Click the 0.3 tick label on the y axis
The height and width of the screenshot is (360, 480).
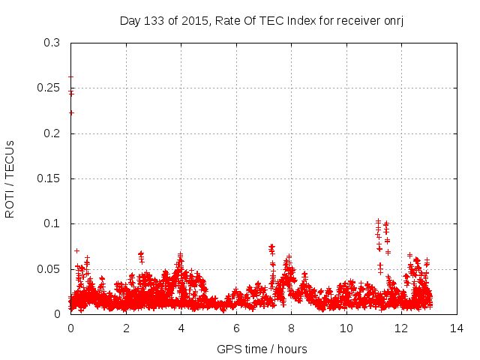(x=52, y=43)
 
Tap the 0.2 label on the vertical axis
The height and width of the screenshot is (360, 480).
(x=52, y=133)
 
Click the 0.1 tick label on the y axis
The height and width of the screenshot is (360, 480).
(x=52, y=223)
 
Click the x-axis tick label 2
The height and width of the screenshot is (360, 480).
(x=126, y=328)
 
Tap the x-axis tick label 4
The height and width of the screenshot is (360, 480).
(x=181, y=328)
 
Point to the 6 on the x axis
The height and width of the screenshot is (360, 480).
(x=236, y=328)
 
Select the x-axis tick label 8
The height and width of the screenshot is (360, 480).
(x=291, y=328)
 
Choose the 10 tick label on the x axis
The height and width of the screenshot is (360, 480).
(x=346, y=328)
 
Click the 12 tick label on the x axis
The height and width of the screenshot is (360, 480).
(x=401, y=328)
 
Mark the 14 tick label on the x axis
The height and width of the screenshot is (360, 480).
(x=457, y=328)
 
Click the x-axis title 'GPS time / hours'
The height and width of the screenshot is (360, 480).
(x=262, y=349)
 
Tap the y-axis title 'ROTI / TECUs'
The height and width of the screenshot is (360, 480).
(x=10, y=178)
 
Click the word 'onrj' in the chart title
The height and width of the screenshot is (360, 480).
(x=393, y=20)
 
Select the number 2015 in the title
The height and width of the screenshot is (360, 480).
(x=196, y=20)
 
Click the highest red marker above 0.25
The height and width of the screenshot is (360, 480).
(x=70, y=76)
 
